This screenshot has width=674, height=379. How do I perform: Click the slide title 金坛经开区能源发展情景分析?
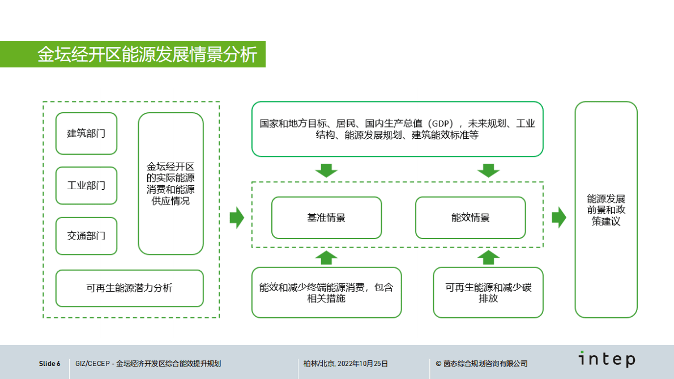pyautogui.click(x=147, y=54)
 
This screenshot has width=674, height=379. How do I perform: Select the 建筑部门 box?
pyautogui.click(x=86, y=134)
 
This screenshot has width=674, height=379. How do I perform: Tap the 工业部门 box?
pyautogui.click(x=86, y=185)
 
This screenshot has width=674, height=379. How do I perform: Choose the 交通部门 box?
pyautogui.click(x=86, y=236)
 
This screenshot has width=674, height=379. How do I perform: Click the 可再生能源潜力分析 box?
pyautogui.click(x=129, y=288)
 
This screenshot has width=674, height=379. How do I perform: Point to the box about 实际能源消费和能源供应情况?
pyautogui.click(x=170, y=184)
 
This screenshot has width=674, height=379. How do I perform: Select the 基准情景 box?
pyautogui.click(x=326, y=218)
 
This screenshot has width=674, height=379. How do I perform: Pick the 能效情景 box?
pyautogui.click(x=470, y=218)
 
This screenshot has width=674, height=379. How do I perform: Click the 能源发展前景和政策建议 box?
pyautogui.click(x=605, y=210)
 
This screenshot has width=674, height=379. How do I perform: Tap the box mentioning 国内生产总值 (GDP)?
pyautogui.click(x=397, y=129)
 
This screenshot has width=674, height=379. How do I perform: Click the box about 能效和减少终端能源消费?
pyautogui.click(x=326, y=292)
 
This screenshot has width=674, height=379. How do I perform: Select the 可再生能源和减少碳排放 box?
pyautogui.click(x=488, y=292)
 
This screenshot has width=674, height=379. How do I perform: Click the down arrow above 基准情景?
pyautogui.click(x=326, y=170)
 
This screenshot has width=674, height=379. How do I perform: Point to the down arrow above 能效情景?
pyautogui.click(x=488, y=170)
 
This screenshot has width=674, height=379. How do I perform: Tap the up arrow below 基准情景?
pyautogui.click(x=326, y=257)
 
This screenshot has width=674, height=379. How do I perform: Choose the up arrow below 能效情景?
pyautogui.click(x=488, y=257)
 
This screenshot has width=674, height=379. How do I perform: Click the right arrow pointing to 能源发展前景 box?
pyautogui.click(x=558, y=218)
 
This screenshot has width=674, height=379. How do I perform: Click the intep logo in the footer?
pyautogui.click(x=606, y=359)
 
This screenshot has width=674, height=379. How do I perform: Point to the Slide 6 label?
pyautogui.click(x=49, y=364)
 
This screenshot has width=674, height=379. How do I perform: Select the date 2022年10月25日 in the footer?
pyautogui.click(x=362, y=364)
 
